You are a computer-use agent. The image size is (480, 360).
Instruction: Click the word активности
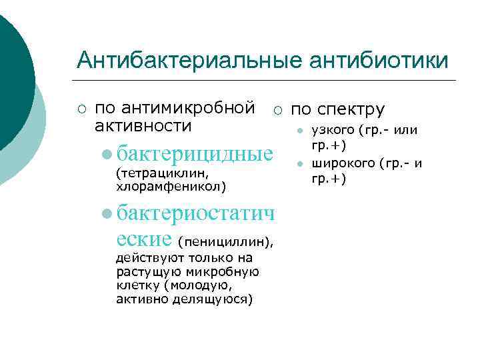click(x=143, y=126)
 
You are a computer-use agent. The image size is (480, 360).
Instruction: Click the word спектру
click(x=357, y=109)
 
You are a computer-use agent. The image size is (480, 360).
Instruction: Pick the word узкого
click(x=333, y=130)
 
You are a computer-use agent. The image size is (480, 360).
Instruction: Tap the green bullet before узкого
click(x=301, y=131)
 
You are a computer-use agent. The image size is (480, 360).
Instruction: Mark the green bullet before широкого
click(x=301, y=164)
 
